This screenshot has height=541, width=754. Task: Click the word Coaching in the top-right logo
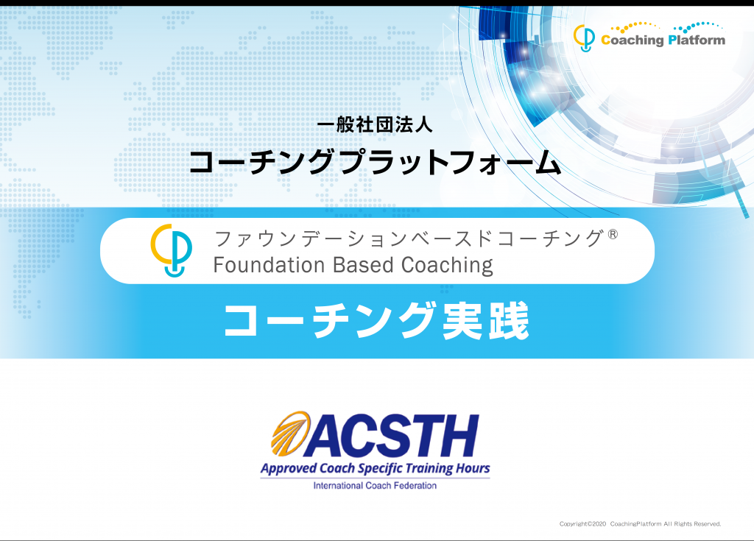(x=633, y=40)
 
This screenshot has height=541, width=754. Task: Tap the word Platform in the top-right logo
(x=697, y=40)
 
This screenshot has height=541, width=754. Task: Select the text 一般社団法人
(x=375, y=124)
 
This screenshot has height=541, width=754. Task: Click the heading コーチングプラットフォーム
(x=375, y=162)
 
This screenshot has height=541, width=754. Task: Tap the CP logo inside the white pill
(x=171, y=250)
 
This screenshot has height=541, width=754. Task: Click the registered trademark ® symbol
(x=613, y=235)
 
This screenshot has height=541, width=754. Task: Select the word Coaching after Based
(x=447, y=266)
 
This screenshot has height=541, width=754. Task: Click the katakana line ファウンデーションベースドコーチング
(x=409, y=238)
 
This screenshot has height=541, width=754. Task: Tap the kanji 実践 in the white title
(x=486, y=321)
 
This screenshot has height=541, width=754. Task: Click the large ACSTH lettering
(x=390, y=436)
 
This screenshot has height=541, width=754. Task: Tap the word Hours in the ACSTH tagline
(x=473, y=468)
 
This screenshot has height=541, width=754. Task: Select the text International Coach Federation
(x=375, y=486)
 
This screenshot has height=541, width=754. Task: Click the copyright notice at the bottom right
(x=640, y=523)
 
